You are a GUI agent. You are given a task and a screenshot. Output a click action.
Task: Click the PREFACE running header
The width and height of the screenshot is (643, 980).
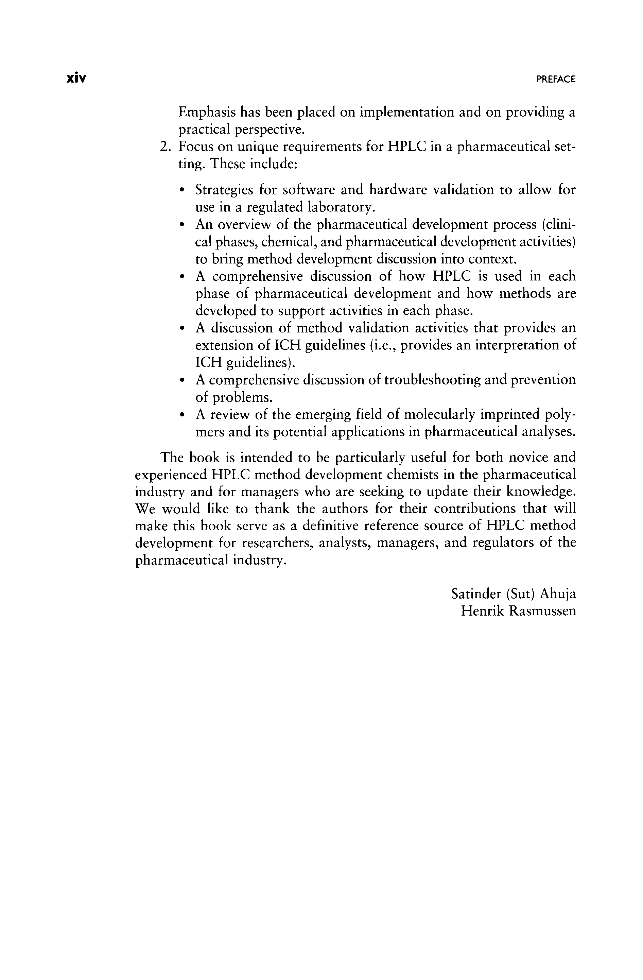[556, 80]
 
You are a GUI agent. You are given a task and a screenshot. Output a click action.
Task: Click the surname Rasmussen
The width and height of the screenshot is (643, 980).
[542, 611]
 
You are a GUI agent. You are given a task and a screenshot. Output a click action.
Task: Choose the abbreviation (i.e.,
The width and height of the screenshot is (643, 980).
[383, 345]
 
